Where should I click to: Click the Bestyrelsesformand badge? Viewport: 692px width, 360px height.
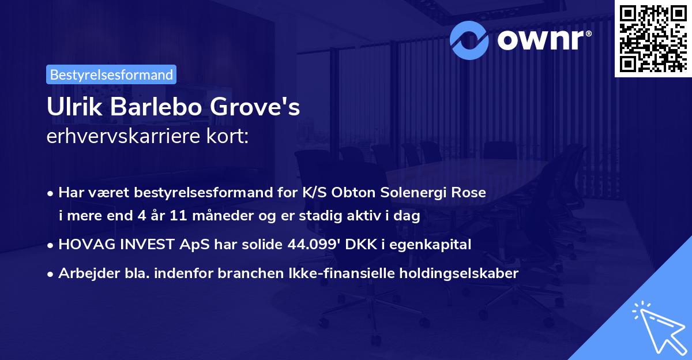click(111, 74)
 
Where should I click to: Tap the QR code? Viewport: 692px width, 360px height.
click(652, 38)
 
